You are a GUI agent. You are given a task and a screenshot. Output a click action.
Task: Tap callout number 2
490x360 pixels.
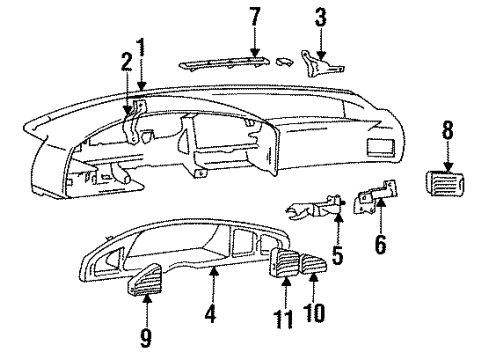tap(126, 64)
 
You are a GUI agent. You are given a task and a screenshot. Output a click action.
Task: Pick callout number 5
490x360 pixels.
tap(337, 257)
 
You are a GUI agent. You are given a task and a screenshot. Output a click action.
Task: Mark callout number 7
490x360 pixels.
tap(254, 17)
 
